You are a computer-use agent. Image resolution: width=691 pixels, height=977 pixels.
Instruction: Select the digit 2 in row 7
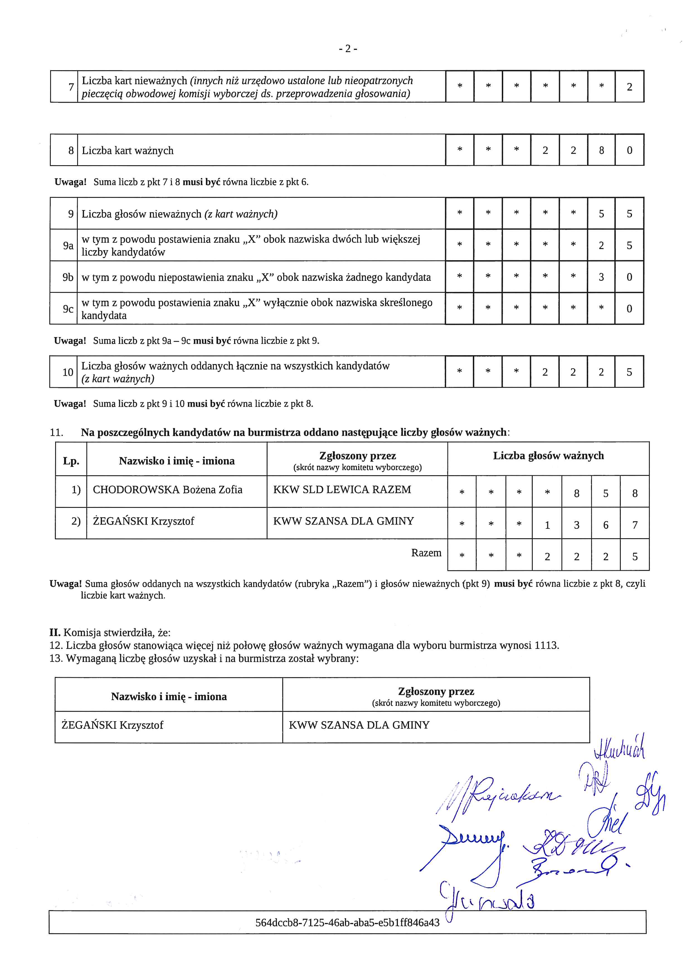pyautogui.click(x=629, y=87)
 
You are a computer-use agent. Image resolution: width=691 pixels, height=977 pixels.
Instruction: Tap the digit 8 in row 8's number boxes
pyautogui.click(x=601, y=150)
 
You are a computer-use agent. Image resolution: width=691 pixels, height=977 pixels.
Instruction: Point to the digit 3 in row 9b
pyautogui.click(x=601, y=277)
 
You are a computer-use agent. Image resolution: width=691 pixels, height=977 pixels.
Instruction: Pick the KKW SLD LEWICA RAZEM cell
pyautogui.click(x=342, y=490)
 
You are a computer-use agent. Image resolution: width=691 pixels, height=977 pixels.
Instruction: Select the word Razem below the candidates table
pyautogui.click(x=426, y=553)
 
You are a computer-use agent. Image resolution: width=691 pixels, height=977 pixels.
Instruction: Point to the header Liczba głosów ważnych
pyautogui.click(x=548, y=456)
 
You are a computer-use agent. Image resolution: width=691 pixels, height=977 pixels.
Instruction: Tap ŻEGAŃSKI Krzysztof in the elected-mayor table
pyautogui.click(x=112, y=725)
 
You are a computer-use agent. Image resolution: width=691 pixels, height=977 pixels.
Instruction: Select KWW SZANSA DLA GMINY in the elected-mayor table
pyautogui.click(x=359, y=725)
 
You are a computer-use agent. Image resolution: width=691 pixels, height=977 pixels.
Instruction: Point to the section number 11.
pyautogui.click(x=57, y=433)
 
